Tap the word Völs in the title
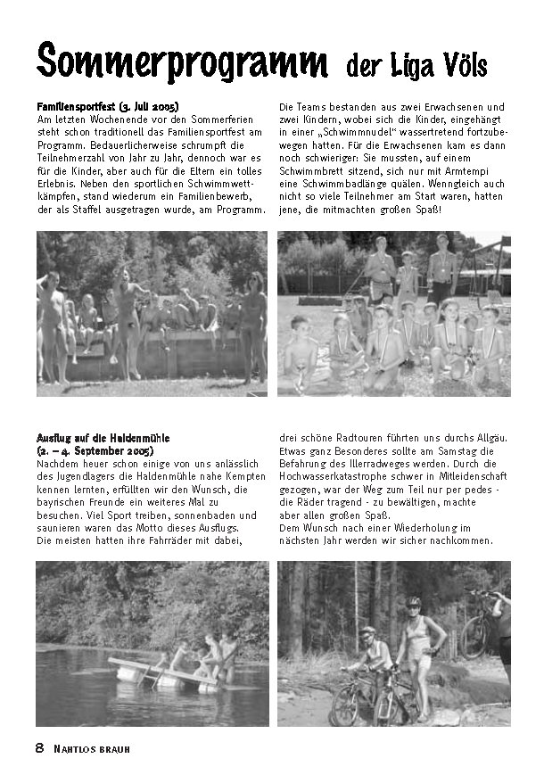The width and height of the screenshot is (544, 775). point(470,65)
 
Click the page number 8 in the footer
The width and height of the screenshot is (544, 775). point(39,747)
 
